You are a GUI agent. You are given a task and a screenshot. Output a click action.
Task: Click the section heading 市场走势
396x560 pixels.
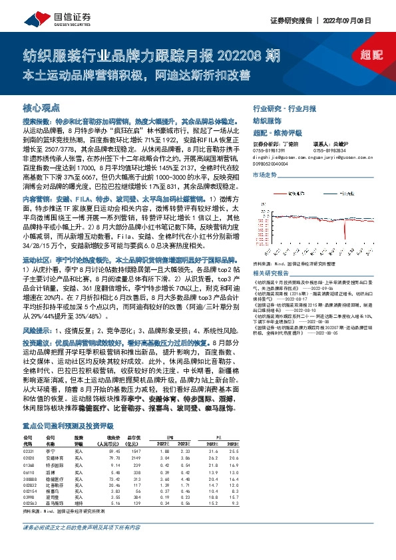(265, 174)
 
